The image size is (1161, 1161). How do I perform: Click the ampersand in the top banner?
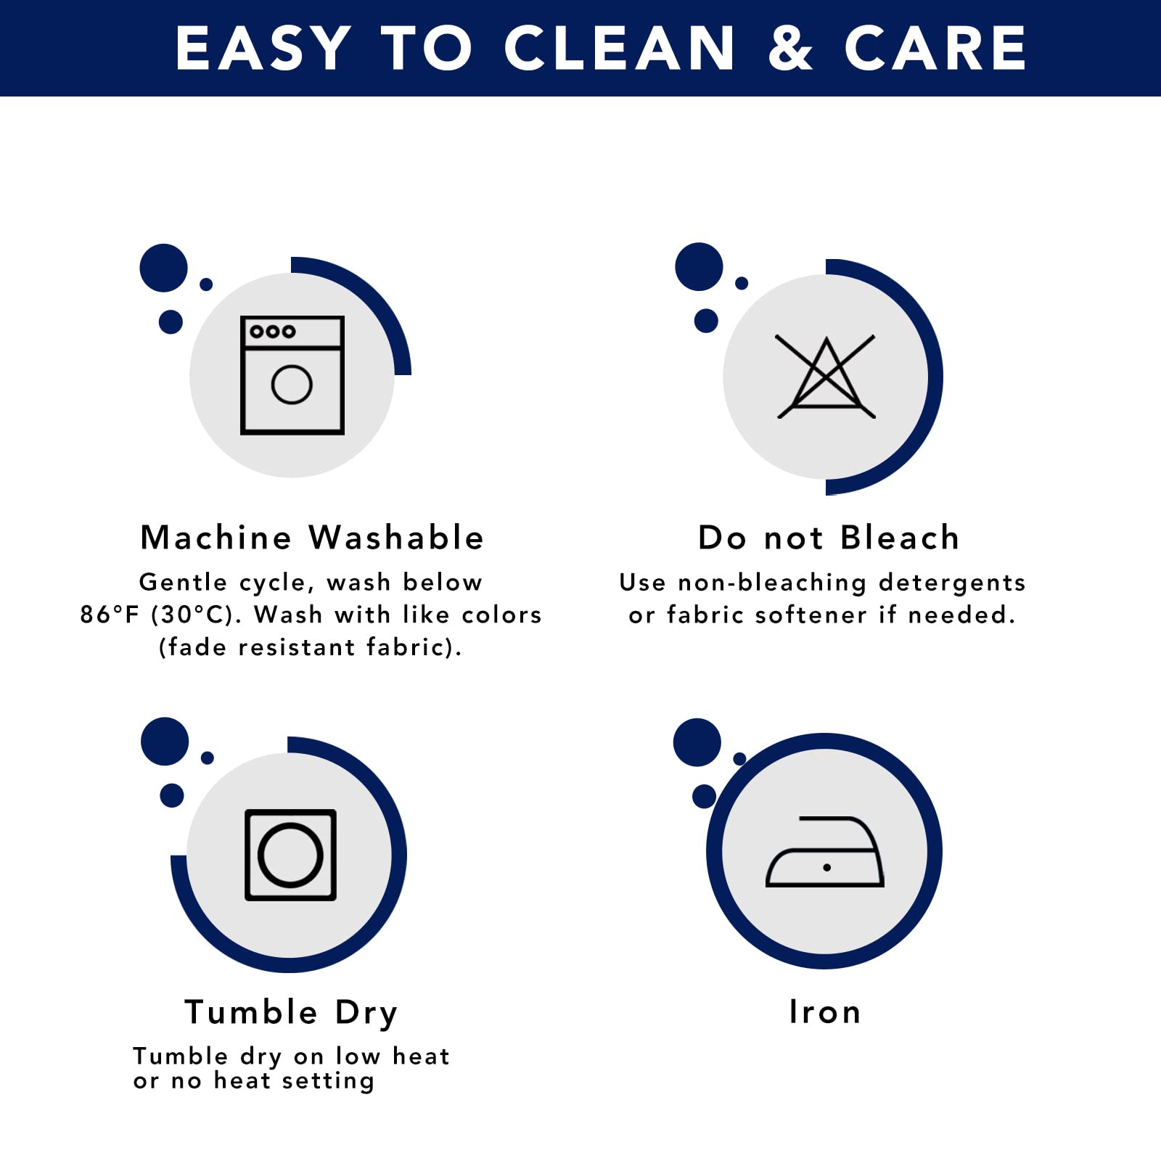[790, 49]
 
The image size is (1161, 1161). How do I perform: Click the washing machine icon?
[292, 375]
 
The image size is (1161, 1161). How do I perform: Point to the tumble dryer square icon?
[290, 855]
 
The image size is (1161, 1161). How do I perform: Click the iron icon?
[825, 853]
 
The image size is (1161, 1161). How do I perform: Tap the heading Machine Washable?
[312, 538]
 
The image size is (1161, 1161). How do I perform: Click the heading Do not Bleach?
[829, 538]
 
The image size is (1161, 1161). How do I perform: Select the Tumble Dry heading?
[291, 1012]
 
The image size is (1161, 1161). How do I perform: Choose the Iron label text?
[825, 1012]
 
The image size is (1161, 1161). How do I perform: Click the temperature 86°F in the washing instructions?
[109, 615]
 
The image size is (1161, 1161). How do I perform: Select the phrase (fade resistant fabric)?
[311, 647]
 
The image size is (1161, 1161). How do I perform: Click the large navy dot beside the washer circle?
[164, 268]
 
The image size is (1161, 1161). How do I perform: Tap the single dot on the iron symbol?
[826, 868]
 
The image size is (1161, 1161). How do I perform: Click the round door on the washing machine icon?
[292, 385]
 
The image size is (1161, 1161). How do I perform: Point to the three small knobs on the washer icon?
[272, 332]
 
